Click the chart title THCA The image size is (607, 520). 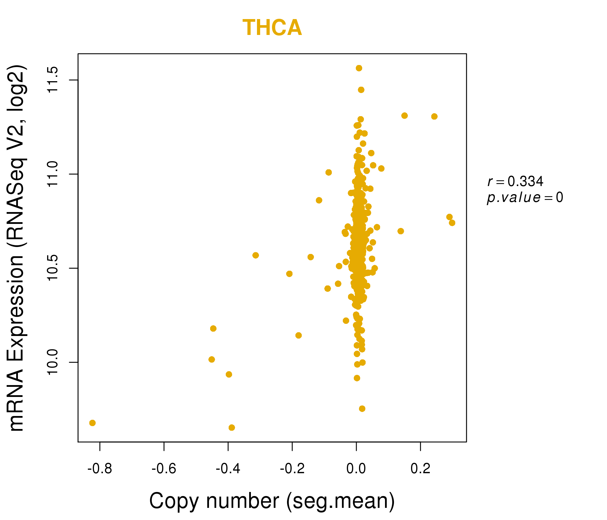pos(272,28)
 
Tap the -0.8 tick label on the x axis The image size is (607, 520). pos(100,469)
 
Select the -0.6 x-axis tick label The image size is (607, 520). pos(164,469)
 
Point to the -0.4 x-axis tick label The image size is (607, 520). pos(228,469)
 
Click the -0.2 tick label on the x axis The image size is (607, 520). pos(292,469)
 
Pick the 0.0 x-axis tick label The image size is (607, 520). pos(356,469)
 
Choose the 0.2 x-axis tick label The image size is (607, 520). pos(420,469)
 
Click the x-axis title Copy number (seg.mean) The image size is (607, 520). pos(272,501)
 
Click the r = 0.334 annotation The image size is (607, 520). pos(515,181)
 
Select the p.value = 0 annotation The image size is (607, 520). pos(525,198)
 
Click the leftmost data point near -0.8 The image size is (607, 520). pos(92,423)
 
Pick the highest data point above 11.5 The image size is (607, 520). pos(359,68)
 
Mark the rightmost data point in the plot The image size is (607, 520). pos(452,223)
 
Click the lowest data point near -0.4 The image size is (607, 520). pos(232,428)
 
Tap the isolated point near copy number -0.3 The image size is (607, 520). pos(256,255)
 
